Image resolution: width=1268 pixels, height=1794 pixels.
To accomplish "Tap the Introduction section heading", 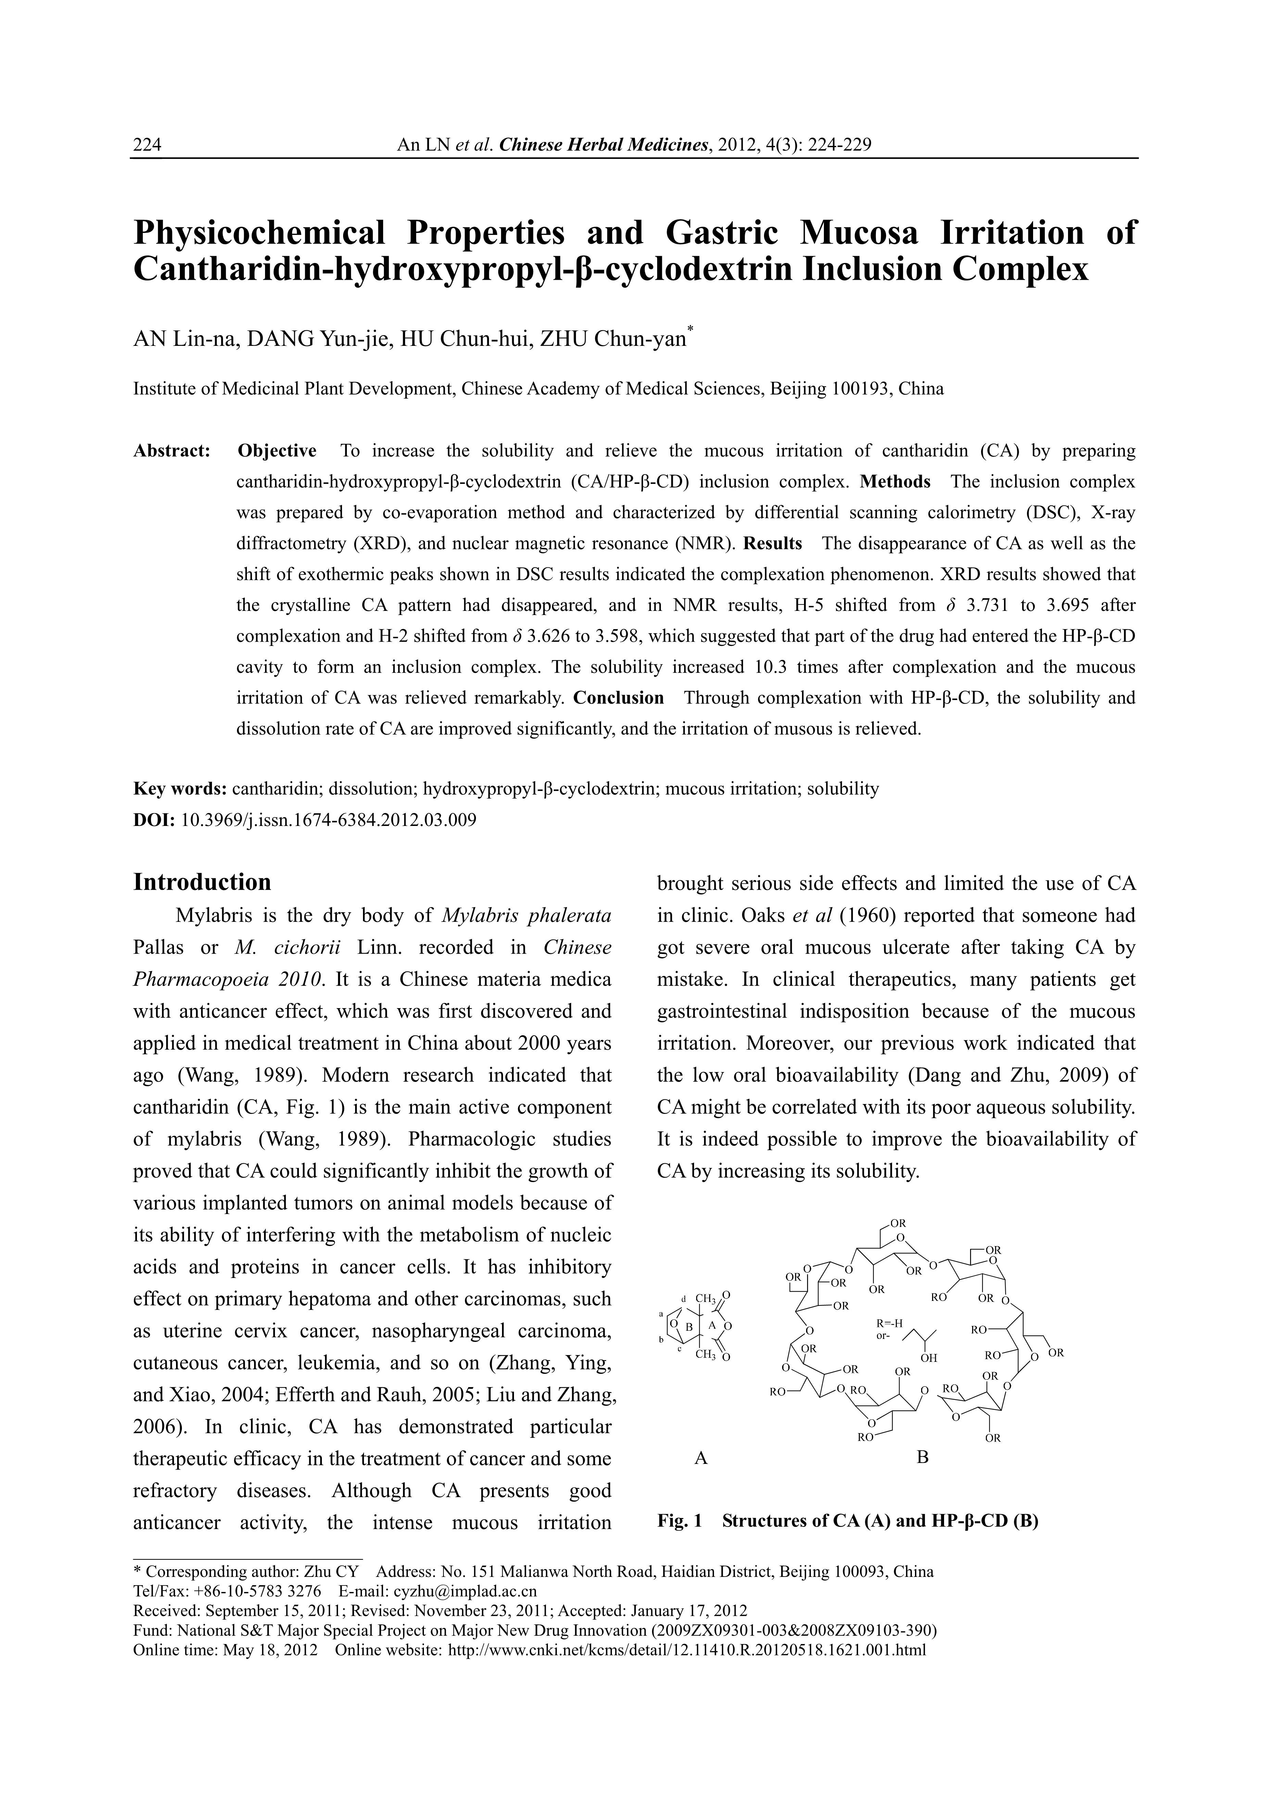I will click(x=202, y=882).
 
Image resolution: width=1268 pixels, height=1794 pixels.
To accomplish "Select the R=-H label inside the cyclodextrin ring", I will click(x=890, y=1323).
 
